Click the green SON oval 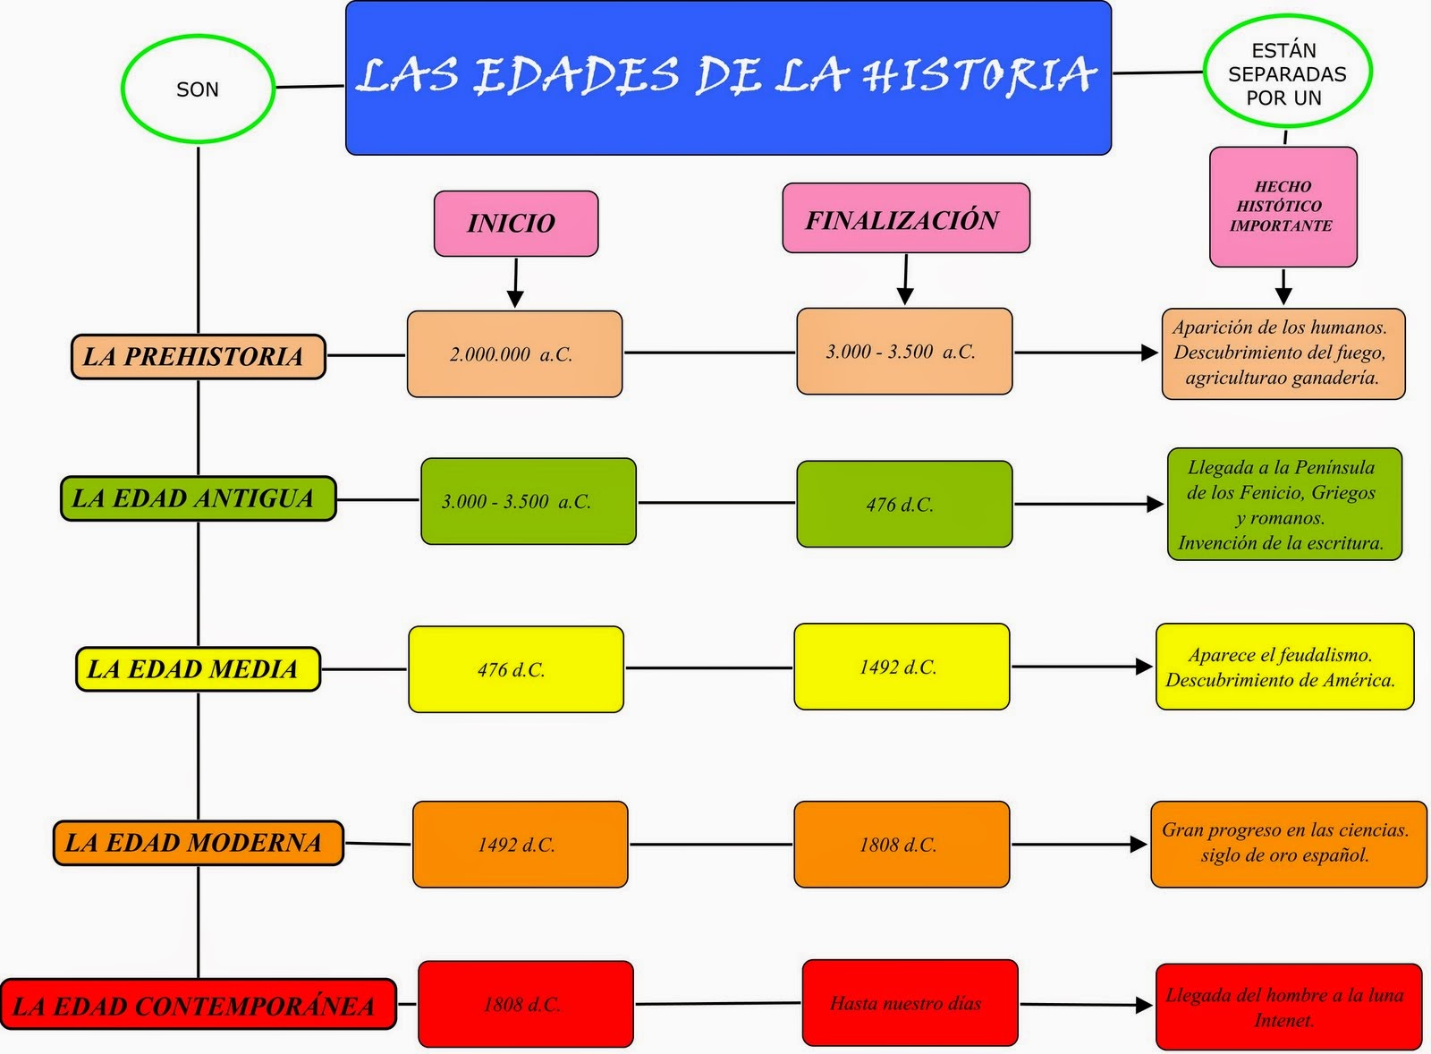tap(197, 89)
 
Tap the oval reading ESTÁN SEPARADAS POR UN tap(1286, 73)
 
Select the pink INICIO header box tap(515, 223)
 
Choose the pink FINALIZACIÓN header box tap(905, 218)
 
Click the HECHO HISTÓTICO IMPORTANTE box tap(1283, 207)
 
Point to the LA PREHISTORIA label tap(197, 356)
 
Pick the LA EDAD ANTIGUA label tap(197, 498)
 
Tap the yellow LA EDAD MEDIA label tap(197, 668)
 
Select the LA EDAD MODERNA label tap(197, 843)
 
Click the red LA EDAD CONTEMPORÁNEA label tap(197, 1005)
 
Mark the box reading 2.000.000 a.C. tap(514, 354)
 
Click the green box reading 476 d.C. tap(903, 504)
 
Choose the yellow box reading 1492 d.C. tap(901, 667)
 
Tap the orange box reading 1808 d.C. tap(901, 844)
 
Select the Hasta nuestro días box tap(909, 1003)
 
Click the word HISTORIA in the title tap(979, 75)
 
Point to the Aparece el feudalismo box tap(1283, 667)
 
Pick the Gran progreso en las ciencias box tap(1287, 844)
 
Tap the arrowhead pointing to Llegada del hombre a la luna tap(1144, 1005)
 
